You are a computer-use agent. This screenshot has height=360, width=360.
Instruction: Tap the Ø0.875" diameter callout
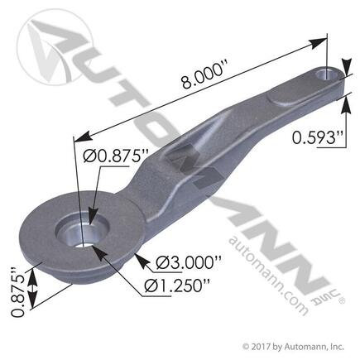pos(124,155)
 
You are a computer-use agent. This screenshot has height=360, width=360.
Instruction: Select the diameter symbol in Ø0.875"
pos(102,155)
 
